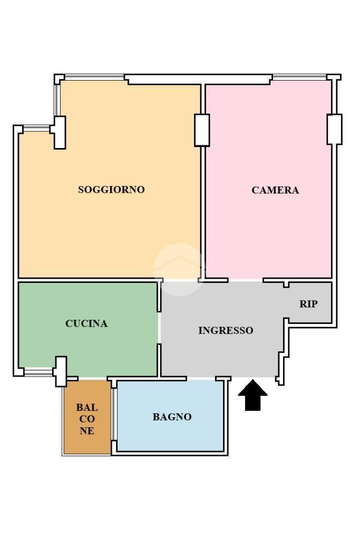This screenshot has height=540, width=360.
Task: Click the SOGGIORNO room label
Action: (111, 190)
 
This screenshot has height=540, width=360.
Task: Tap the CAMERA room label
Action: (275, 190)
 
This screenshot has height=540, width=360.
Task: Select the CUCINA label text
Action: (86, 323)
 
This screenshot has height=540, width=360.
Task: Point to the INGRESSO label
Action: (226, 330)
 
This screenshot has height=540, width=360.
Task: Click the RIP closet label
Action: (308, 304)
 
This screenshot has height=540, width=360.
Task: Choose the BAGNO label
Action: (172, 417)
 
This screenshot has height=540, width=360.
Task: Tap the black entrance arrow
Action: (253, 395)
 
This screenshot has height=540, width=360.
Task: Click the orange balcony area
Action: (87, 417)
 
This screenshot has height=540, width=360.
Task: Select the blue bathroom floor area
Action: (171, 415)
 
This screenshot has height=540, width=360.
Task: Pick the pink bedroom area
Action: (268, 179)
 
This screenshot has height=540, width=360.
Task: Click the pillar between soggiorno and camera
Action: (202, 130)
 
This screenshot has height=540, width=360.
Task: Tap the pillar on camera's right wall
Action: (334, 129)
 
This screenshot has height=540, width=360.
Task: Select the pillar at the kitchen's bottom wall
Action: (61, 371)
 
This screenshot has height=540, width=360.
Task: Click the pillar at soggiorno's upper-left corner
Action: (60, 132)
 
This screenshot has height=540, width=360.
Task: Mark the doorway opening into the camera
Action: (246, 280)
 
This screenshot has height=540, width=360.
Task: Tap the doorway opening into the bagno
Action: (201, 378)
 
